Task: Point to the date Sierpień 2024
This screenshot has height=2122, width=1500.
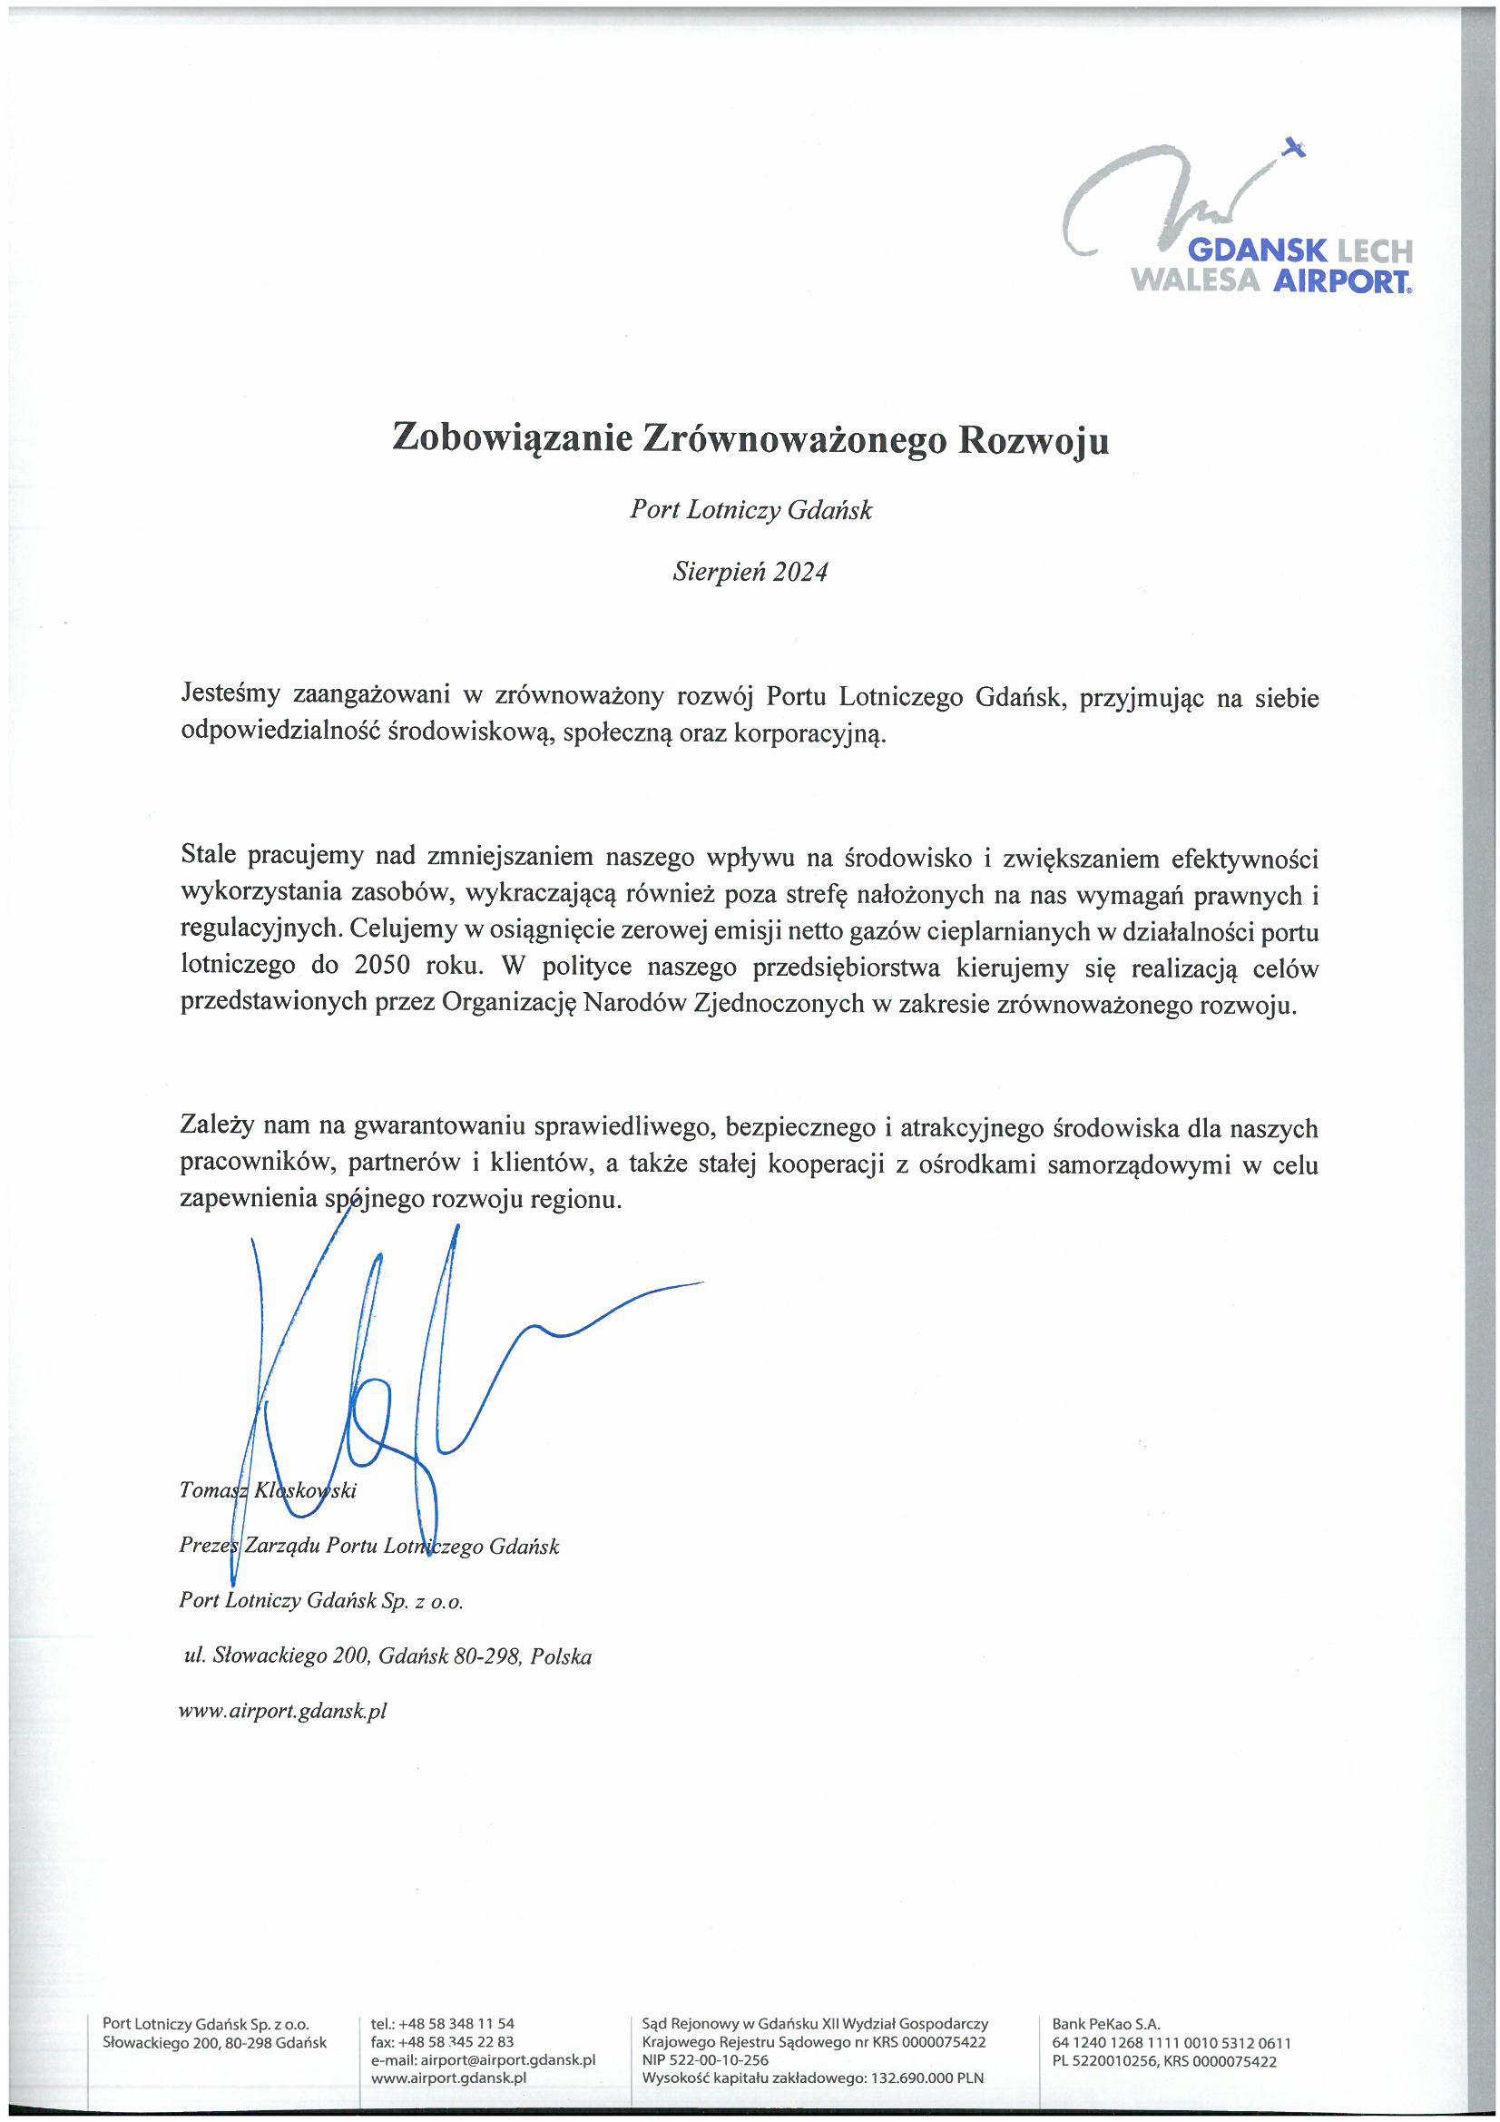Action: click(x=750, y=572)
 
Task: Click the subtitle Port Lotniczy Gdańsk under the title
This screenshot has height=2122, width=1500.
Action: click(x=750, y=510)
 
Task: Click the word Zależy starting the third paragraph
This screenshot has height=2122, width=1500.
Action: click(x=216, y=1126)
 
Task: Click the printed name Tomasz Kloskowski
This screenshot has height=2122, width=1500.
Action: click(x=268, y=1489)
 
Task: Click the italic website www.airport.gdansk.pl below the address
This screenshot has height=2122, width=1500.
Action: click(x=282, y=1711)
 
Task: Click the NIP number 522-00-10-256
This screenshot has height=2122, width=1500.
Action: click(x=720, y=2060)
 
